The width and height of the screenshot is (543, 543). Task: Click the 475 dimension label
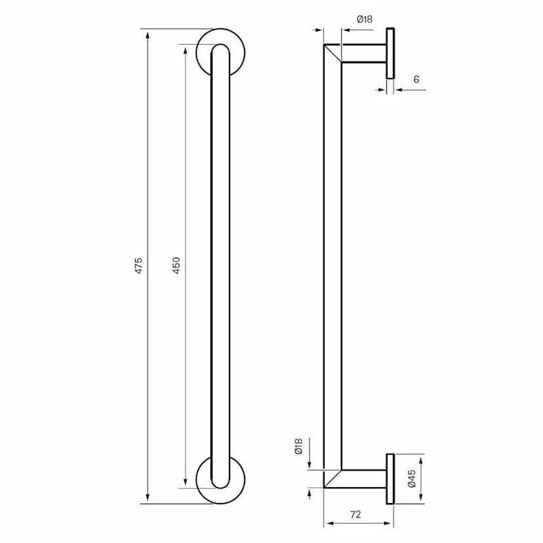138,265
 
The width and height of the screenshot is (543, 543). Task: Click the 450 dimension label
176,265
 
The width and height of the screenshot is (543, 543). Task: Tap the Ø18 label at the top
365,20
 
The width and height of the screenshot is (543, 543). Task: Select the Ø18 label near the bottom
298,447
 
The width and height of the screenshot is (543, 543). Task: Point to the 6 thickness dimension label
416,79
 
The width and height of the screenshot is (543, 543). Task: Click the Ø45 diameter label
412,479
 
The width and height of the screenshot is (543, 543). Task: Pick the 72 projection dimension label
355,514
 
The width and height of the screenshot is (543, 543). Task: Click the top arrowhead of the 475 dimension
148,35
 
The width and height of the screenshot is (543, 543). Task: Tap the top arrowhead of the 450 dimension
186,50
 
